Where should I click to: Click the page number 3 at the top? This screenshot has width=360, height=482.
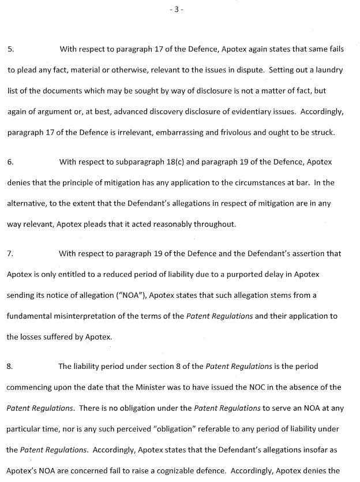pyautogui.click(x=180, y=10)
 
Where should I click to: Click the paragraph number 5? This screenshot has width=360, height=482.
pyautogui.click(x=10, y=50)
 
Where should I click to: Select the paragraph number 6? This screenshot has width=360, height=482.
pyautogui.click(x=10, y=162)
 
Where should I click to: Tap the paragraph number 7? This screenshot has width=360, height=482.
pyautogui.click(x=10, y=253)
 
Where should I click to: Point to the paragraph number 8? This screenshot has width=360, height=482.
pyautogui.click(x=10, y=366)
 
